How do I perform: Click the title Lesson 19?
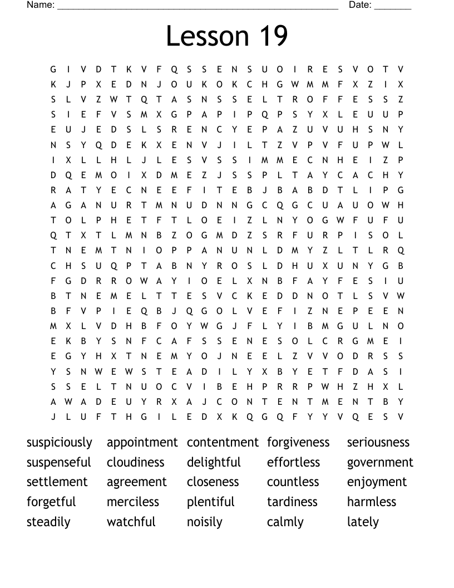227,36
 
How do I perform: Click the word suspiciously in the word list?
60,443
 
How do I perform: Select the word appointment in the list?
142,443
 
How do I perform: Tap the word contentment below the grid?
223,443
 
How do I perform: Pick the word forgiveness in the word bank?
298,443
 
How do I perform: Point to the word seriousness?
378,443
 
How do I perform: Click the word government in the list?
380,463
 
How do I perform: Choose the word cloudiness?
136,463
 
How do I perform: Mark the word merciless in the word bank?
133,502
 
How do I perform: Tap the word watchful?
131,522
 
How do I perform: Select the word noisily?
205,522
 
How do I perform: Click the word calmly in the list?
285,522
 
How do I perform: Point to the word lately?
363,522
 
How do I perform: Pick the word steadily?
48,522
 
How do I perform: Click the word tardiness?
293,502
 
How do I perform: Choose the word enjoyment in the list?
377,482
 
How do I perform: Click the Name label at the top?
41,5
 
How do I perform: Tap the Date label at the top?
359,5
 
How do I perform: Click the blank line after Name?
198,7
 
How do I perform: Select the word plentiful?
211,502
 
